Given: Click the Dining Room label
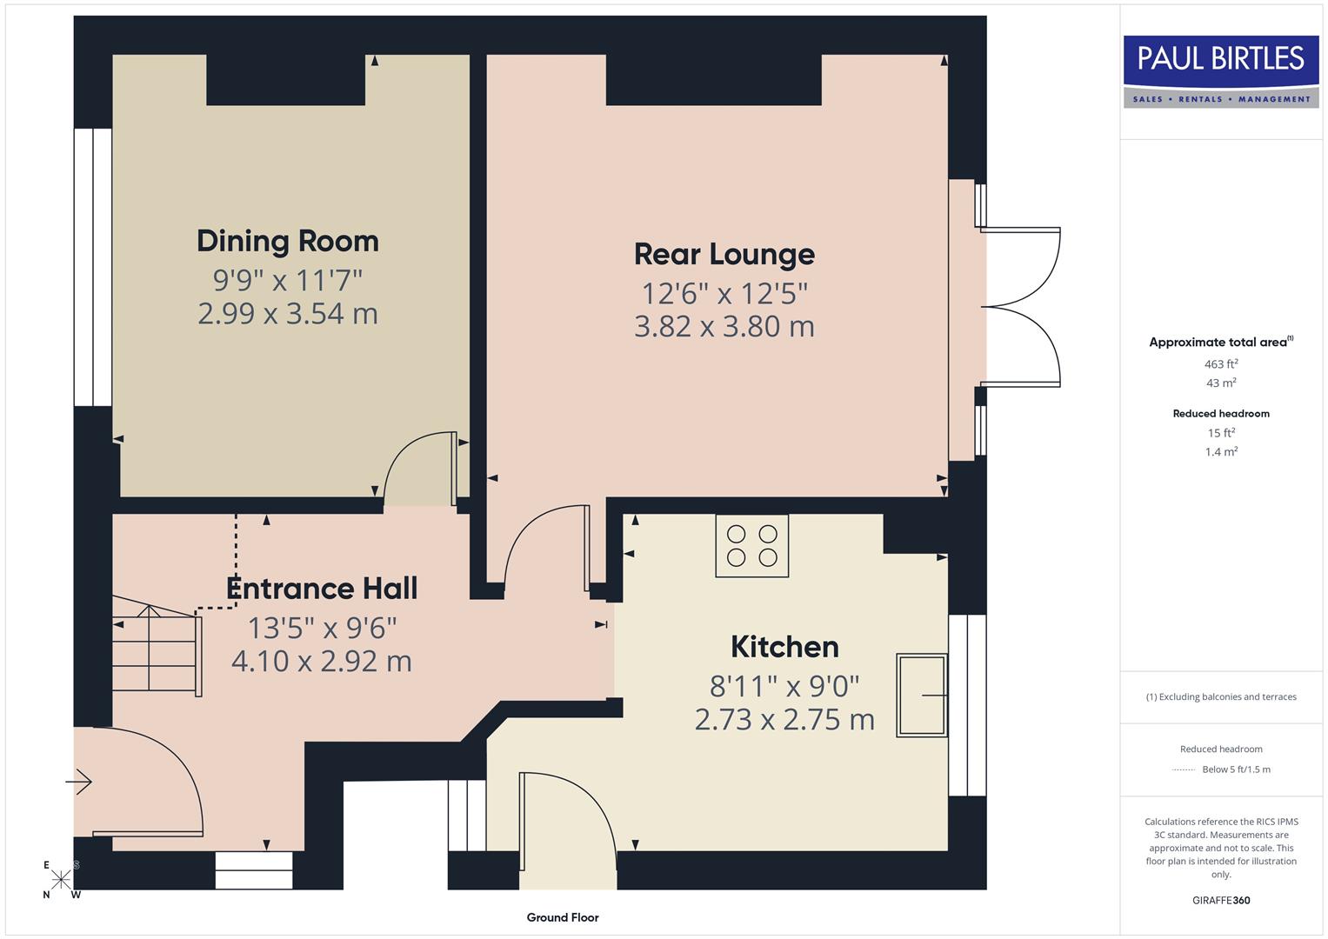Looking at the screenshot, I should click(287, 241).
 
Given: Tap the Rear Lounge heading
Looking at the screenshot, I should click(724, 254).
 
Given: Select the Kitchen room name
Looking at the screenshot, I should click(784, 647).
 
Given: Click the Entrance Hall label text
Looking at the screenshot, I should click(322, 589).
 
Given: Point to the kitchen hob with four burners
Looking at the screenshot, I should click(752, 546).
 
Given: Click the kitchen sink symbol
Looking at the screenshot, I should click(922, 696).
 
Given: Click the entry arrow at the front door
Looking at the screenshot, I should click(79, 782).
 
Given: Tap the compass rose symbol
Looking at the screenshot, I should click(61, 879).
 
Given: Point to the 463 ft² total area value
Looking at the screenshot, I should click(1221, 364).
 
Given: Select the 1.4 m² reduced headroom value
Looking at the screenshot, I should click(1221, 452).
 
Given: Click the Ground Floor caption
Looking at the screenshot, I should click(563, 917).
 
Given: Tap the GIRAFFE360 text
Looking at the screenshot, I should click(1221, 900).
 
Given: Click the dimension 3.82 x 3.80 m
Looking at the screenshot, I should click(724, 327).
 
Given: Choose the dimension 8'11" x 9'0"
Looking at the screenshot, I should click(784, 687).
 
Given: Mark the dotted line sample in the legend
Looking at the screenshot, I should click(1184, 769).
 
